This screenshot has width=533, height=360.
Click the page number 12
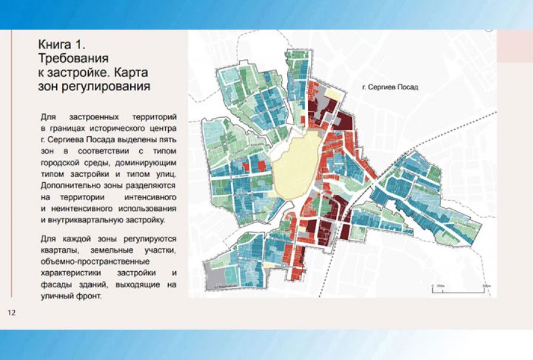coord(11,312)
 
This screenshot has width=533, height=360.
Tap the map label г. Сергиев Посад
coord(390,87)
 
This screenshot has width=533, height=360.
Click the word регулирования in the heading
coord(104,86)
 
